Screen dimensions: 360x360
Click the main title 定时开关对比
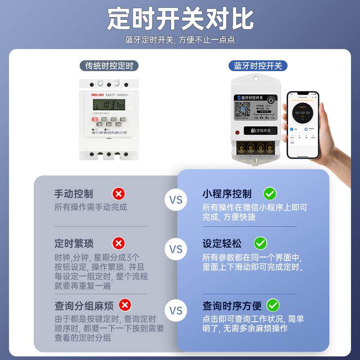pyautogui.click(x=180, y=19)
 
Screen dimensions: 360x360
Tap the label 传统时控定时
pyautogui.click(x=109, y=66)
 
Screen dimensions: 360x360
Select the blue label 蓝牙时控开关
pyautogui.click(x=258, y=66)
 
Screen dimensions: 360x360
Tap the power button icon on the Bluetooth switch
pyautogui.click(x=270, y=100)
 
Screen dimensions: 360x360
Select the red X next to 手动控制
pyautogui.click(x=119, y=194)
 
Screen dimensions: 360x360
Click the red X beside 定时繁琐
pyautogui.click(x=118, y=243)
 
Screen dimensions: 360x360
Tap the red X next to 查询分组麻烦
pyautogui.click(x=125, y=306)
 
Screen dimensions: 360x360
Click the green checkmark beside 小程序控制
pyautogui.click(x=270, y=194)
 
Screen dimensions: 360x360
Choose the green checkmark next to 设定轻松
pyautogui.click(x=260, y=243)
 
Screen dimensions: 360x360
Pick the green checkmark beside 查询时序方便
pyautogui.click(x=273, y=306)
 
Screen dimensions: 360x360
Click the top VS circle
pyautogui.click(x=176, y=200)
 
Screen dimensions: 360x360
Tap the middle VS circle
pyautogui.click(x=176, y=249)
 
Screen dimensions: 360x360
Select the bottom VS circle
pyautogui.click(x=176, y=310)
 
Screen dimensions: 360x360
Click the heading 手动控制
pyautogui.click(x=74, y=194)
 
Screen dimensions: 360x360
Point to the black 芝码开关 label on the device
pyautogui.click(x=257, y=131)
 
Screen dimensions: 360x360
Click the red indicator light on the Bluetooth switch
pyautogui.click(x=237, y=132)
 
